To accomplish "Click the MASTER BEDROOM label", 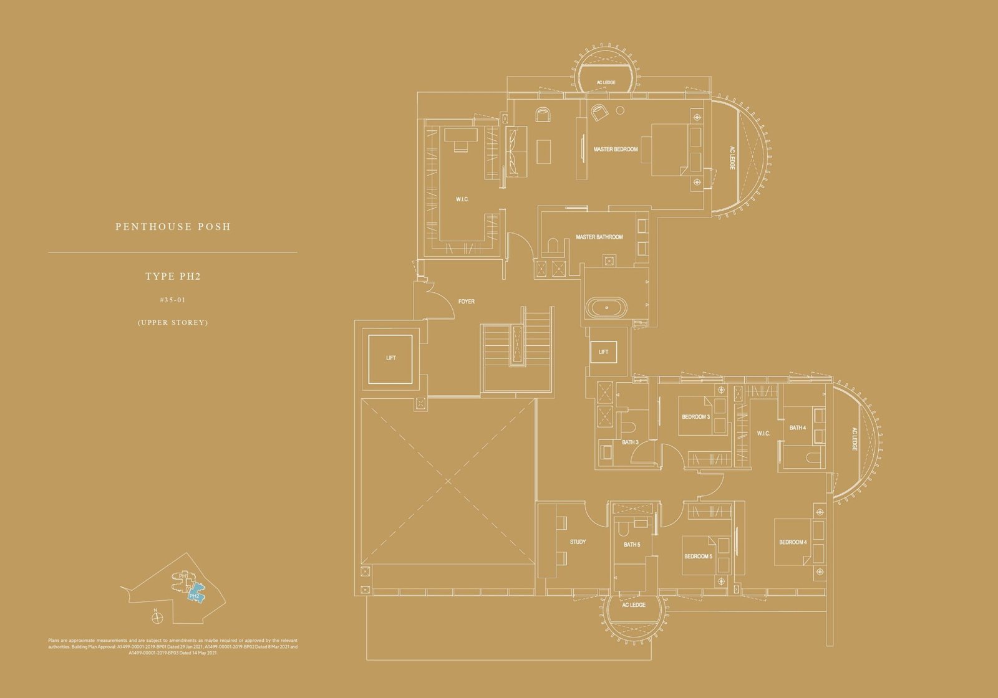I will (x=616, y=150).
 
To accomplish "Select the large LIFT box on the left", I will (x=390, y=358).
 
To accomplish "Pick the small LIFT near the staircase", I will (x=603, y=352).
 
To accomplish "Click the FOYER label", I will (x=466, y=302).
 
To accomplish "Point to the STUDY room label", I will (x=578, y=542).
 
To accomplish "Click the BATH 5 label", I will (x=632, y=545).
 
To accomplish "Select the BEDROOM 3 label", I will (x=695, y=417).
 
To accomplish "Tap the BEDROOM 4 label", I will (x=793, y=542).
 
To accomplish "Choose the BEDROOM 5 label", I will (x=698, y=557).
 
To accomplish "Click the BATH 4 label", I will (x=797, y=428).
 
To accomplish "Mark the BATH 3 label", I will (x=630, y=442).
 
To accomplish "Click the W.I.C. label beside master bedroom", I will (x=462, y=199).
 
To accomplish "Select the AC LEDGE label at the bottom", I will (x=634, y=605).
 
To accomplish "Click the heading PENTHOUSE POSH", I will (x=173, y=227).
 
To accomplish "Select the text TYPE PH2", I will (x=172, y=276).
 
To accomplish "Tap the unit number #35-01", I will (x=173, y=300).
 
